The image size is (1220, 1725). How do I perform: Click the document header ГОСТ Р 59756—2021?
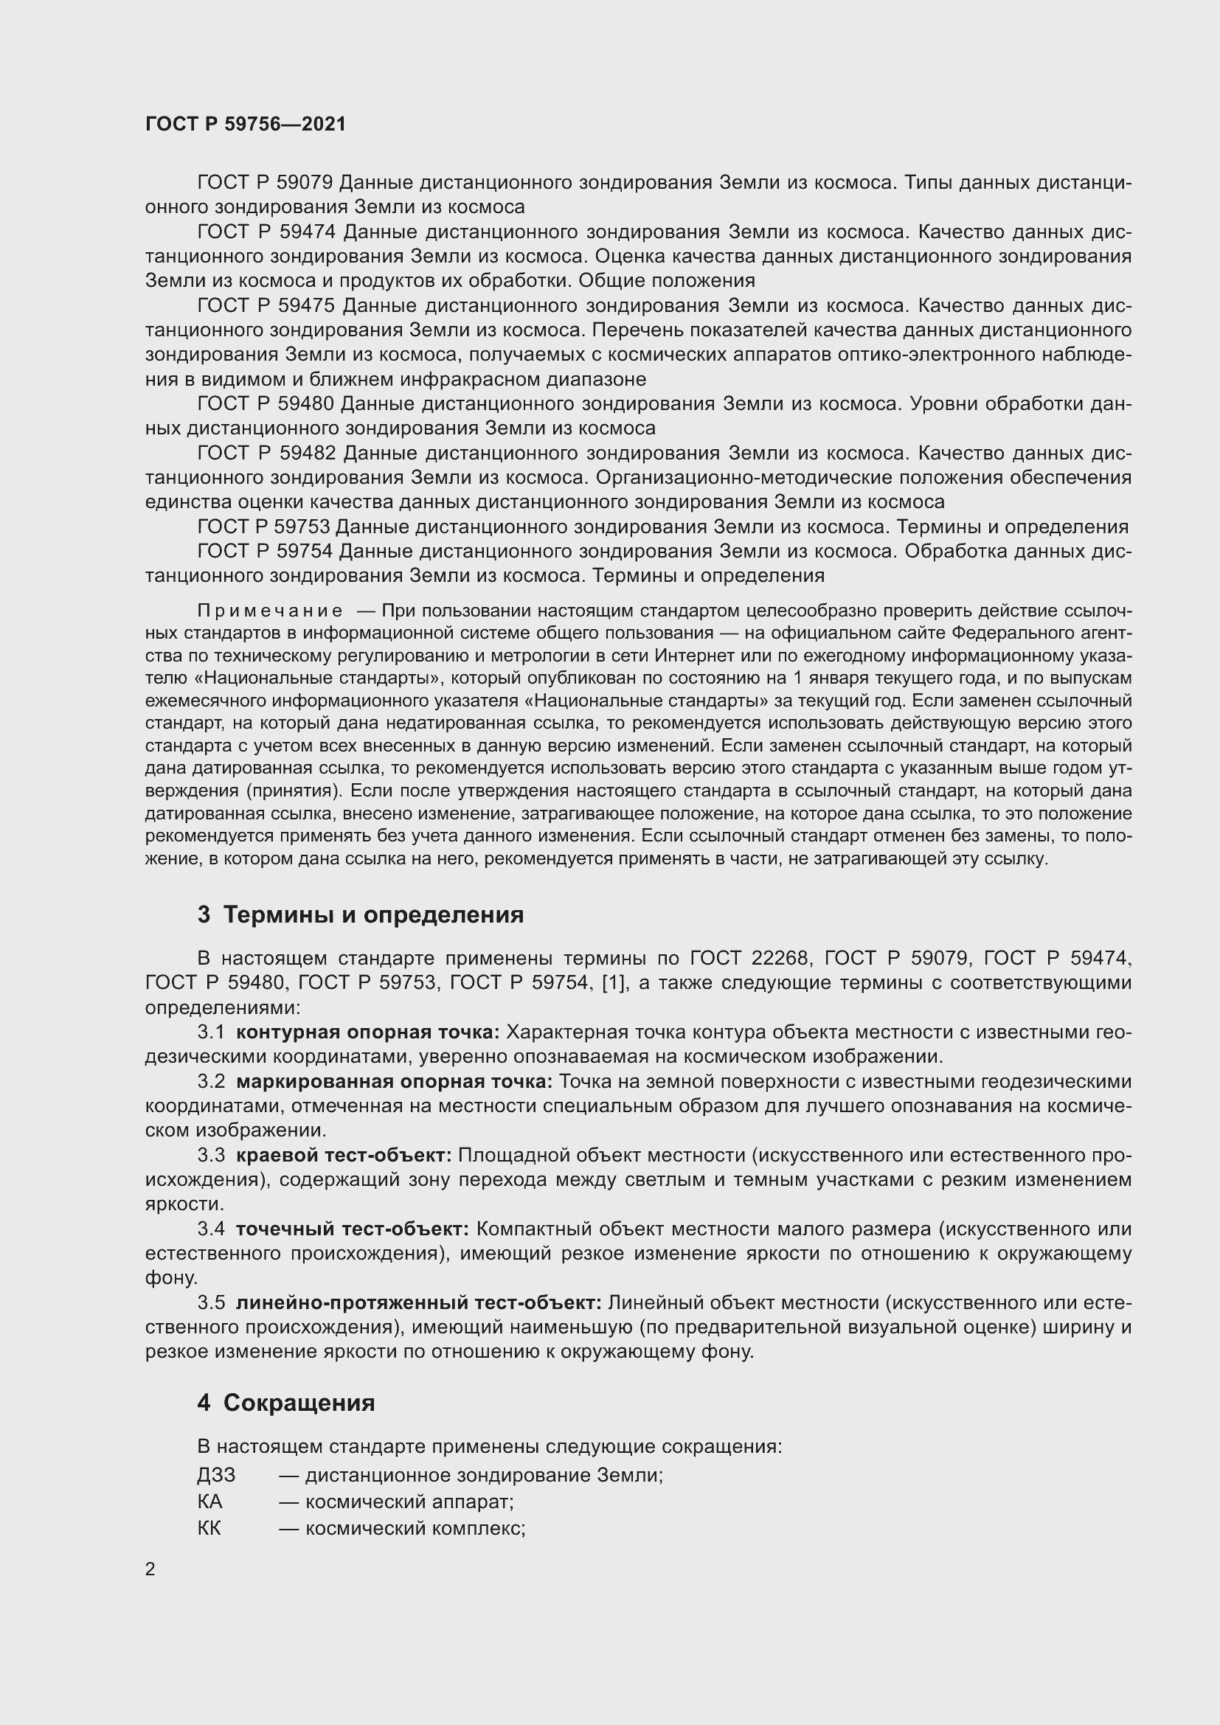click(246, 124)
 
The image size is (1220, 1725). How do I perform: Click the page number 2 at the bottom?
click(150, 1569)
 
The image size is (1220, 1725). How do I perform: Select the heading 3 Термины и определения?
click(361, 914)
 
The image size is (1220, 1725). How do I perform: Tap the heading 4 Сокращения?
click(286, 1403)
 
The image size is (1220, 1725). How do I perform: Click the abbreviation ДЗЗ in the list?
click(216, 1475)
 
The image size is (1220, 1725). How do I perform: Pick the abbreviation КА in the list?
click(209, 1501)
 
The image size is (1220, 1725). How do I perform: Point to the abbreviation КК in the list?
click(209, 1527)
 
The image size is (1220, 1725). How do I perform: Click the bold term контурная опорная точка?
click(367, 1032)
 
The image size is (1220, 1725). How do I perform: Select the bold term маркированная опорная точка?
click(394, 1081)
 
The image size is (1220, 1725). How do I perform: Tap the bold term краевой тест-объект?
click(343, 1155)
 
